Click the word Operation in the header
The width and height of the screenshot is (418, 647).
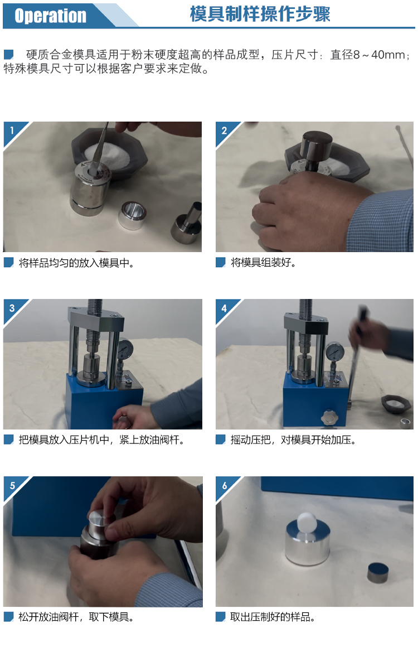[50, 16]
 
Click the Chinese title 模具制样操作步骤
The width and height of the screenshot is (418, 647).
[260, 14]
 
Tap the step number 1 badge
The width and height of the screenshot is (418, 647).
[12, 131]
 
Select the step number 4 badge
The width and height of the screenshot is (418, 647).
[224, 308]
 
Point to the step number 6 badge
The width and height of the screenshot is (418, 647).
[224, 485]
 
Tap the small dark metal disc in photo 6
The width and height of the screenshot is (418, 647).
[378, 572]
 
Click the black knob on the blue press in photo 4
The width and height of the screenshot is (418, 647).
[330, 418]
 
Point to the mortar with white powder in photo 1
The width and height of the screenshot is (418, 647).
[110, 153]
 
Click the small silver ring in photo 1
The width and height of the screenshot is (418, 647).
[132, 215]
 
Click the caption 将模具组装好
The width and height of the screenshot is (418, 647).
[263, 263]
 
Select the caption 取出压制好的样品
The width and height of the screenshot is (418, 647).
[273, 617]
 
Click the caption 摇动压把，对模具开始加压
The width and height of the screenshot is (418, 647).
[293, 440]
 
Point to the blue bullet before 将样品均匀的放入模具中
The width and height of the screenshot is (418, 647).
[9, 263]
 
